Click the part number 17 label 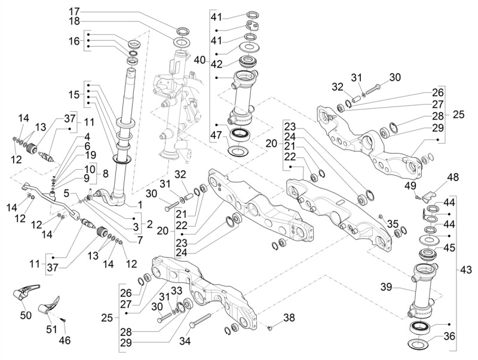pos(74,12)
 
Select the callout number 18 pos(74,21)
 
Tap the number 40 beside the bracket pos(200,60)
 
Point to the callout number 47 pos(217,135)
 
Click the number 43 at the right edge pos(465,270)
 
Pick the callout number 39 pos(387,287)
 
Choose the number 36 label pos(449,336)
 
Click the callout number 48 pos(454,177)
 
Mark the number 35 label pos(393,224)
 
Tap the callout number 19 pos(90,155)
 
